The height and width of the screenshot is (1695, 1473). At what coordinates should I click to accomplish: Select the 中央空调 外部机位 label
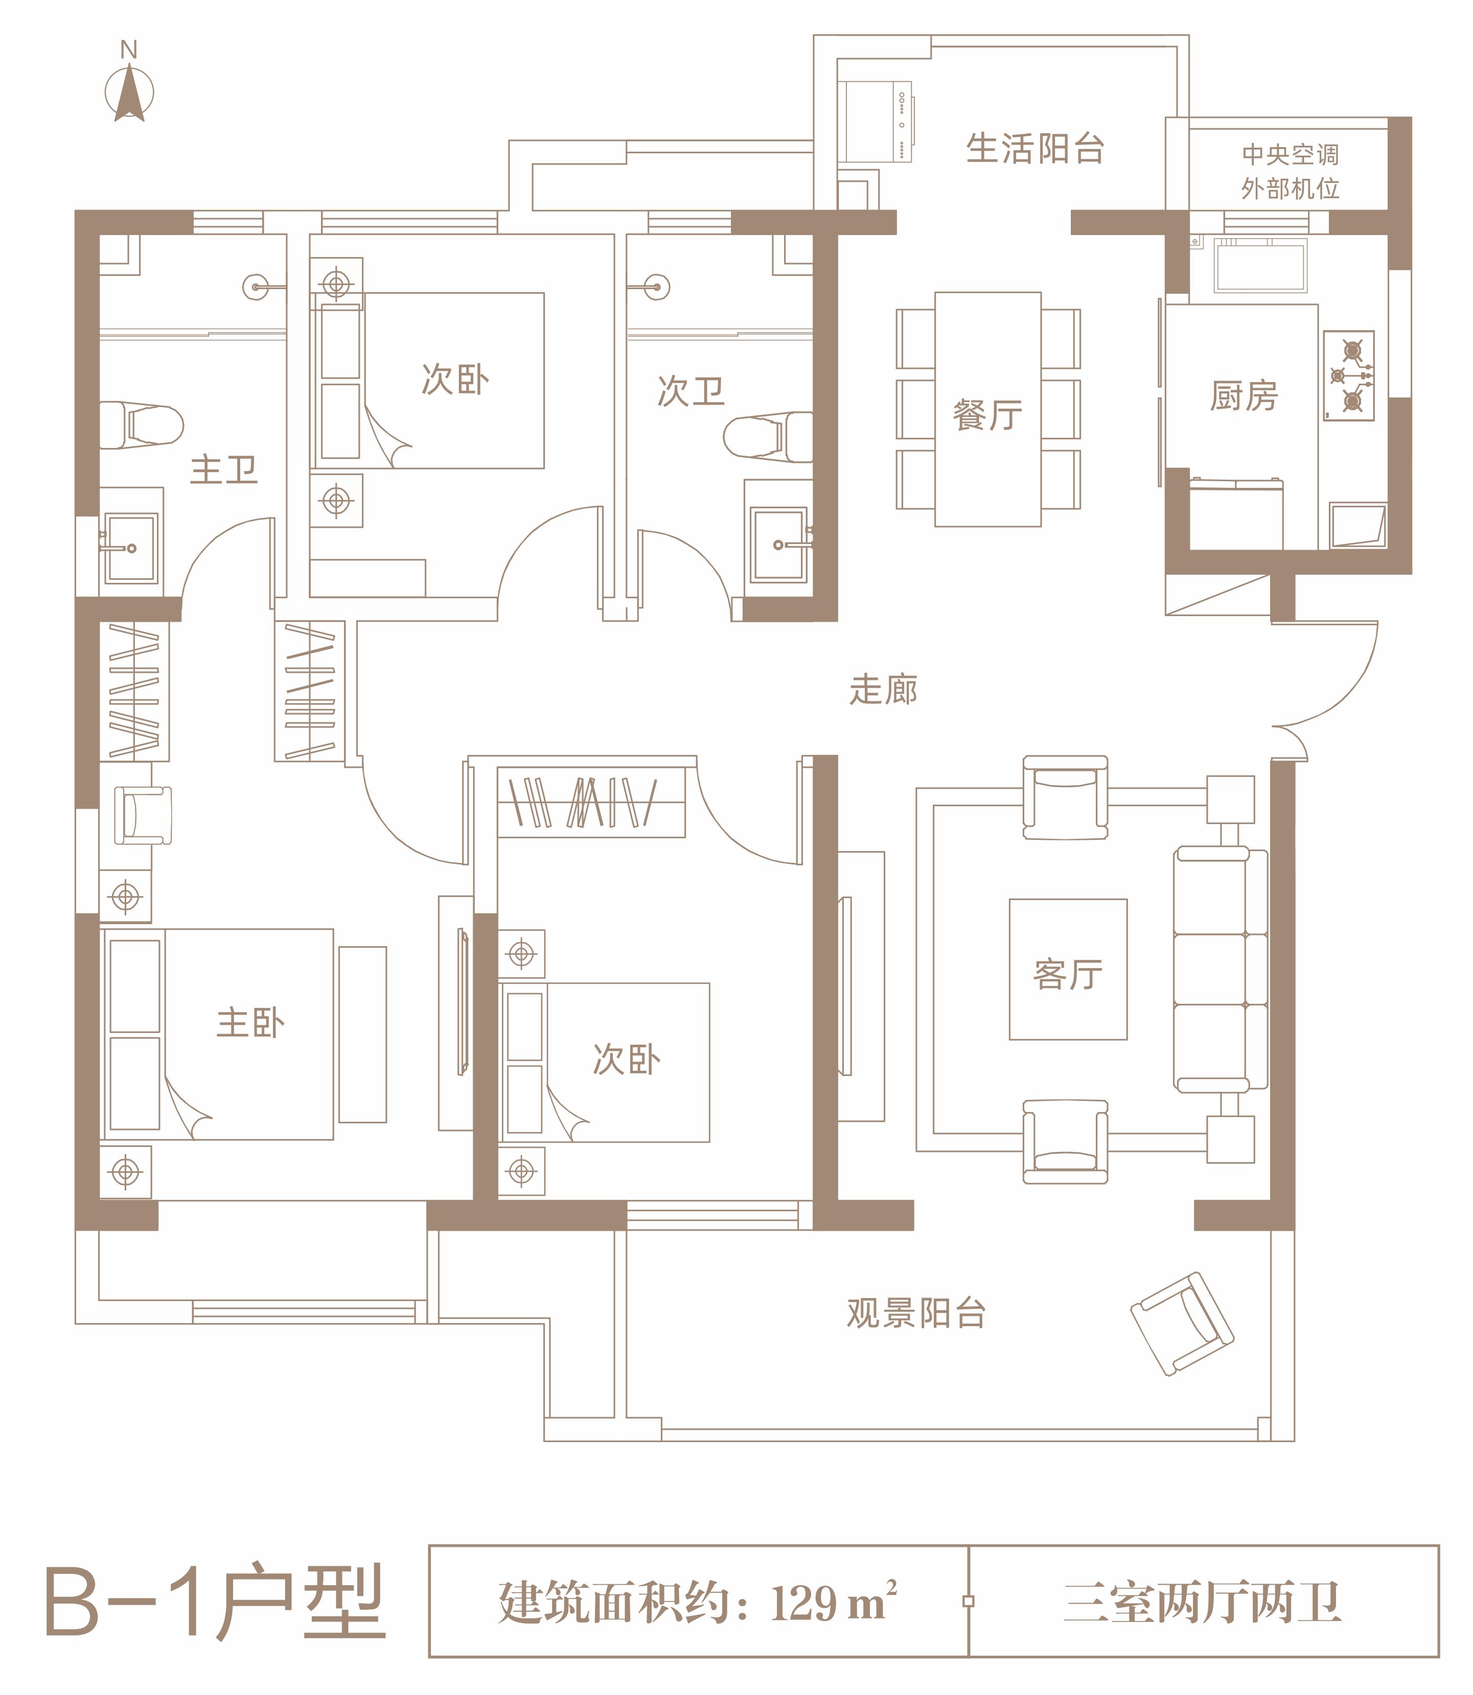(x=1290, y=172)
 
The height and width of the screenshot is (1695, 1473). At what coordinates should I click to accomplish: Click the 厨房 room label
(x=1244, y=396)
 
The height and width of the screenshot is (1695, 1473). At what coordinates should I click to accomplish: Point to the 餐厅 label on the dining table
(x=987, y=415)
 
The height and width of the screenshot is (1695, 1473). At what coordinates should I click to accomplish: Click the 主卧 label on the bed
(x=251, y=1023)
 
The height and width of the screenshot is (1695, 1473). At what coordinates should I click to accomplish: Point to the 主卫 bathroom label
(x=223, y=470)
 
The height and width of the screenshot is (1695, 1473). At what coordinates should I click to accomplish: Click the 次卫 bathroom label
(x=691, y=391)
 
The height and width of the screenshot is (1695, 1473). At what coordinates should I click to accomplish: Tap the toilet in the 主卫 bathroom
(x=142, y=425)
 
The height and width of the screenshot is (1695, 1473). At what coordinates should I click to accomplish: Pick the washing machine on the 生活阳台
(x=876, y=122)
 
